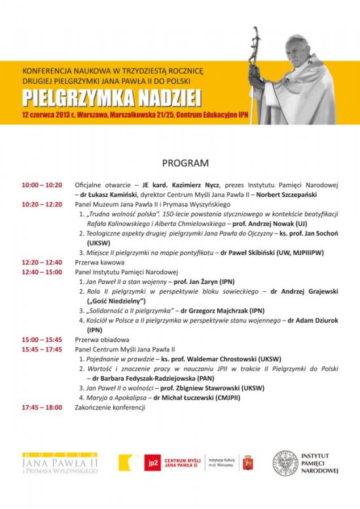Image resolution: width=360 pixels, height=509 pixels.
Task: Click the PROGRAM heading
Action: pyautogui.click(x=185, y=162)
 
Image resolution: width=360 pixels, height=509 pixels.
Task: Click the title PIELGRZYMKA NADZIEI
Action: pyautogui.click(x=111, y=97)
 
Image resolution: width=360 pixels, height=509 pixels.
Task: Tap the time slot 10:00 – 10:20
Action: pyautogui.click(x=42, y=185)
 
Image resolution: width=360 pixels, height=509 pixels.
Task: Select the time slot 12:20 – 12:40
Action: pyautogui.click(x=42, y=262)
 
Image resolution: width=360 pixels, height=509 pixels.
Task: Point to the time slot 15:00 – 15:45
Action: pyautogui.click(x=42, y=340)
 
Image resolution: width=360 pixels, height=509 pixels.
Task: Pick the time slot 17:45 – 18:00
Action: pyautogui.click(x=42, y=407)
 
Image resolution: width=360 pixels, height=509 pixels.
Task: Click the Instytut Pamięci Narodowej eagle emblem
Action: pyautogui.click(x=285, y=463)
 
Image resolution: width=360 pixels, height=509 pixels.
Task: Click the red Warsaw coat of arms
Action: pyautogui.click(x=247, y=463)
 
